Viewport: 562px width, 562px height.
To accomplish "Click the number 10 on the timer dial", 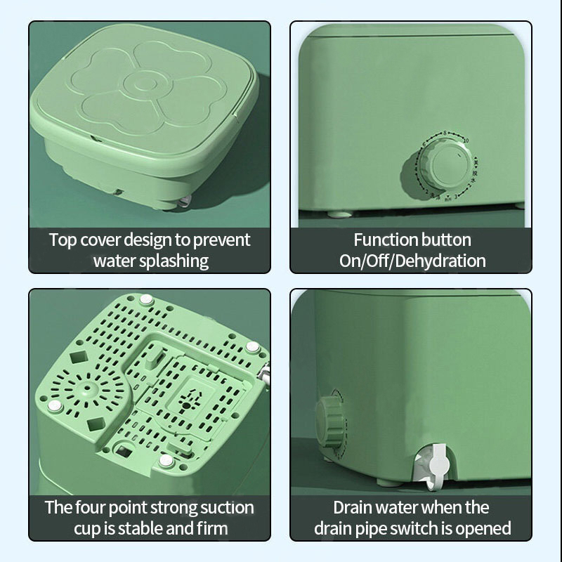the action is click(x=466, y=140).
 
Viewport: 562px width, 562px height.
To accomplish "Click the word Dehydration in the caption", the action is click(x=440, y=261).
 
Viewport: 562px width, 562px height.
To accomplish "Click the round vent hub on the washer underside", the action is click(x=86, y=388).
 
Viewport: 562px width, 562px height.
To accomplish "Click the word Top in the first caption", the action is click(x=63, y=240).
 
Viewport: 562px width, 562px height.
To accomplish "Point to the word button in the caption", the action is click(x=446, y=240).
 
